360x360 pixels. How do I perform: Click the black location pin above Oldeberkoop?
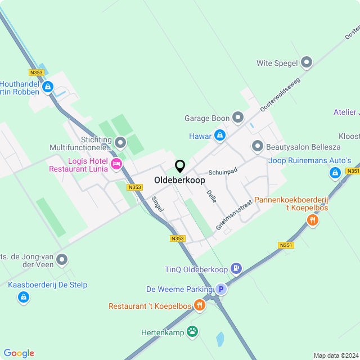click(180, 166)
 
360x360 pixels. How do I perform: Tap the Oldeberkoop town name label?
click(179, 181)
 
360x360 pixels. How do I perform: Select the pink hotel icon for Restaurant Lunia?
click(116, 164)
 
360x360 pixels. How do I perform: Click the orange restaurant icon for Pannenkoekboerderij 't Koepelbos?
click(312, 220)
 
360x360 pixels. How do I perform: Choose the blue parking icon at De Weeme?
click(221, 289)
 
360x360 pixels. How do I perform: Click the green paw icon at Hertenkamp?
click(193, 332)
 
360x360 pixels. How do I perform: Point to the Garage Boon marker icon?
click(238, 118)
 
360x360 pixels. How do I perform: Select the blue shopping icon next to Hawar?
click(220, 136)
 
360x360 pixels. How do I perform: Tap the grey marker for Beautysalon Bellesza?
click(258, 146)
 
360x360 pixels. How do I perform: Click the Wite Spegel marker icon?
click(307, 63)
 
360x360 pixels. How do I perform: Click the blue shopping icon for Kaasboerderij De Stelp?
click(24, 298)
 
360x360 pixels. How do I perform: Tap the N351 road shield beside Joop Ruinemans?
click(353, 171)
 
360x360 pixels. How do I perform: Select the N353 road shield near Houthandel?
click(36, 73)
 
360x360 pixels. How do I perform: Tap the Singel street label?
click(157, 204)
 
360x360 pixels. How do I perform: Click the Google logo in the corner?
click(19, 353)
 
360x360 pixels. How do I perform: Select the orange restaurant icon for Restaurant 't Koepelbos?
click(199, 305)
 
